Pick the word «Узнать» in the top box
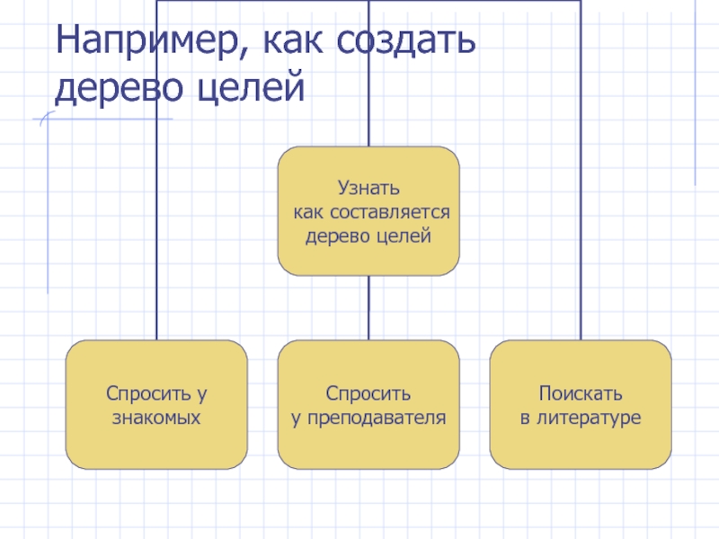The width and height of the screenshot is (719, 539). pos(368,190)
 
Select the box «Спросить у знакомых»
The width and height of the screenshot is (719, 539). pos(156,404)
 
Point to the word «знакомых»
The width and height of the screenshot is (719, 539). pos(156,418)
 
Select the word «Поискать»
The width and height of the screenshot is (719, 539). pos(581,393)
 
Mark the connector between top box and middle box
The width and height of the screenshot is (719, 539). pos(368,307)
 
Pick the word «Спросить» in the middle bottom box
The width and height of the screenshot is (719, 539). pos(368,393)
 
